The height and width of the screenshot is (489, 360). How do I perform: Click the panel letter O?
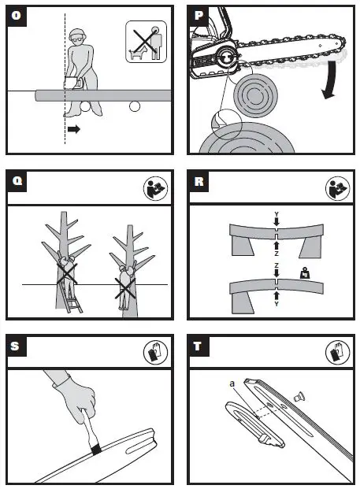coord(17,15)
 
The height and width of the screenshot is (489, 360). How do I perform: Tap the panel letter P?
coord(199,15)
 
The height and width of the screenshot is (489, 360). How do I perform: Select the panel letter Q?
coord(17,180)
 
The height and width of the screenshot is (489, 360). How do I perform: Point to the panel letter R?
coord(199,181)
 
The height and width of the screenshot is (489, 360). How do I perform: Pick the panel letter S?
coord(15,346)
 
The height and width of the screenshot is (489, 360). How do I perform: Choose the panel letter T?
coord(198,346)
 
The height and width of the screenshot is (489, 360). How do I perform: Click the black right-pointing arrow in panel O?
coord(74,129)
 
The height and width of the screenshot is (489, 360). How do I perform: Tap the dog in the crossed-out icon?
coord(138,53)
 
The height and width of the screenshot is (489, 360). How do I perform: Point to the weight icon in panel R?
coord(305,273)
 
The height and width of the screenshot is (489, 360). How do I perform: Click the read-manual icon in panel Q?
coord(155,188)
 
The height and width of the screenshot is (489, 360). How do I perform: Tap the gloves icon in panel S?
coord(155,352)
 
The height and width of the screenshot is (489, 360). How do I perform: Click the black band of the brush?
coord(96,449)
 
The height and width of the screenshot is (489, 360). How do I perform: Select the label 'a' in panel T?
coord(232,383)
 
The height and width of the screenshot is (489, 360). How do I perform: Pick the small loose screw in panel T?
coord(299,397)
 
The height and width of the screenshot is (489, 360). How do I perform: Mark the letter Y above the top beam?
coord(276,214)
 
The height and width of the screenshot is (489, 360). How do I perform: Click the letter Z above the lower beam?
coord(276,265)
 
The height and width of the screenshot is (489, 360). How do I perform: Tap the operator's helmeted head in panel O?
coord(77,38)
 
